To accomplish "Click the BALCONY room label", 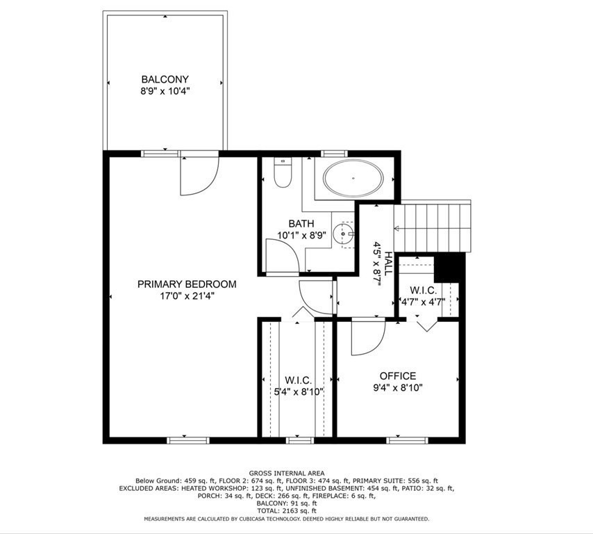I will [x=165, y=79].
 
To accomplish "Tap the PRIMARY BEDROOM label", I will [x=186, y=284].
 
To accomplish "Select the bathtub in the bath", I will [x=353, y=179].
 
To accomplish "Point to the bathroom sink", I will [x=344, y=234].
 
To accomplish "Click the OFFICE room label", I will [x=397, y=376].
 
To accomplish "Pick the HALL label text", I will [x=388, y=266].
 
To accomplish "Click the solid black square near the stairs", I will [x=449, y=268].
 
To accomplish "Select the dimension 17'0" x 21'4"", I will [x=186, y=296].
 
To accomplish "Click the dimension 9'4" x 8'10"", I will [x=397, y=388].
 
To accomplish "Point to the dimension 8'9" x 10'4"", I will [x=165, y=91].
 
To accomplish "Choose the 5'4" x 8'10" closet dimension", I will [x=298, y=391].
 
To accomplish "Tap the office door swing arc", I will [x=368, y=337].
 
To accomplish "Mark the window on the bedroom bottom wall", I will [x=188, y=439].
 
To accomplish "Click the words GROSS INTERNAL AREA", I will [x=287, y=473].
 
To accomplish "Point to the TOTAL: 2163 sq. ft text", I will [x=287, y=511].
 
